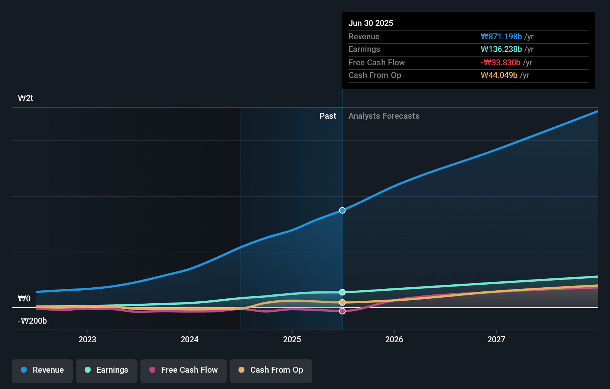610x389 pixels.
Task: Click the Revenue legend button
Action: click(42, 370)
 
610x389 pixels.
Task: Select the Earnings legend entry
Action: click(107, 370)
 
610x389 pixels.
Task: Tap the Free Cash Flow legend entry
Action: click(184, 370)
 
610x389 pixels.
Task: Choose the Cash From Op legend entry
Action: click(271, 370)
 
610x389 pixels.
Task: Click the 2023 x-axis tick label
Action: click(87, 340)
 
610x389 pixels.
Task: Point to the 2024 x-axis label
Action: click(189, 340)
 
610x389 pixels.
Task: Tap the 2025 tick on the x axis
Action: click(292, 340)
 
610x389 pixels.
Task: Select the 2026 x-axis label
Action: click(394, 340)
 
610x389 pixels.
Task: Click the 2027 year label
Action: click(496, 340)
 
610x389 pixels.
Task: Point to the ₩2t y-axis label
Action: click(26, 98)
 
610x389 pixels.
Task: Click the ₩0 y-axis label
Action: click(24, 299)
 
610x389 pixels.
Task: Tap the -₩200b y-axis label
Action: click(32, 321)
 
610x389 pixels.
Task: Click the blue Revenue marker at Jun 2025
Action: click(343, 210)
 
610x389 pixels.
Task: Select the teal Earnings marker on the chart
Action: click(343, 292)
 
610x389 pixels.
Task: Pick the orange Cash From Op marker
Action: click(343, 303)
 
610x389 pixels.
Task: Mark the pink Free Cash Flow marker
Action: click(343, 311)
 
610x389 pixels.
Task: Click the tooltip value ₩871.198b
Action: click(501, 37)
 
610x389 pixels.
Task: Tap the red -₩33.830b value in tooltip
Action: click(500, 63)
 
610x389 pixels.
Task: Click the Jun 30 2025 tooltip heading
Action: click(371, 23)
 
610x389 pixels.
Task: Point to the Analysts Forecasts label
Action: click(384, 116)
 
